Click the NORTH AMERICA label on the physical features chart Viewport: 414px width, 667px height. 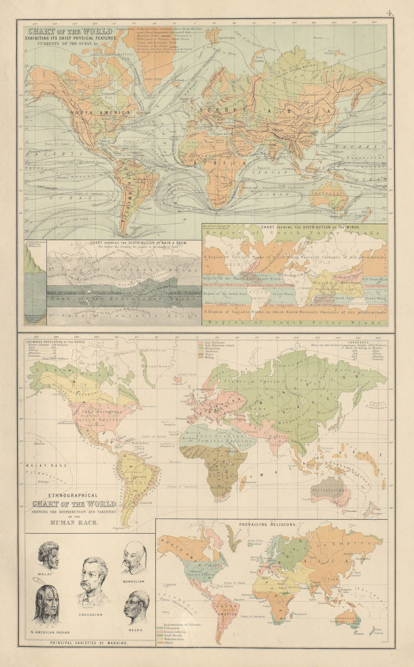101,113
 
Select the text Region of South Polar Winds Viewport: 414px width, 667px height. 294,322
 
